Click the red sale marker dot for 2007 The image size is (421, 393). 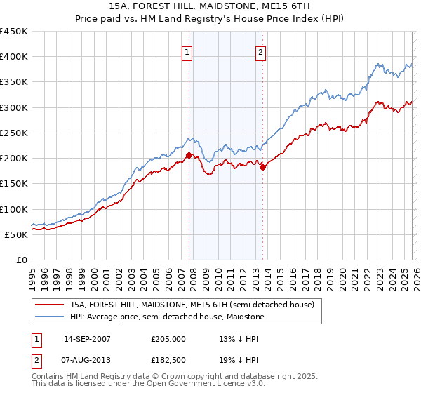[189, 156]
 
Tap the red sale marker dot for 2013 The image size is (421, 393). [262, 167]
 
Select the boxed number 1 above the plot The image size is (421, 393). [188, 51]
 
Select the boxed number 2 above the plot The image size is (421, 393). [260, 51]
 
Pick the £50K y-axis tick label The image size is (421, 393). [16, 234]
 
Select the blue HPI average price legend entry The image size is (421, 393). [167, 317]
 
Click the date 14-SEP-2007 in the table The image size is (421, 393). [87, 338]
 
